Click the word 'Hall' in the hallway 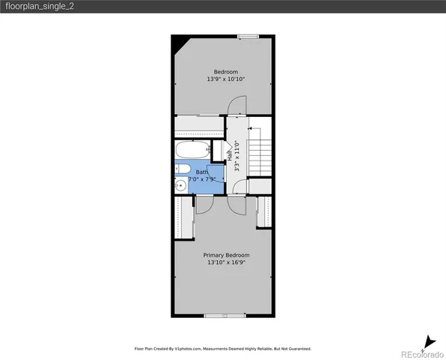pos(229,156)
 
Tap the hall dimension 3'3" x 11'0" pos(237,157)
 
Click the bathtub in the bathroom pos(193,148)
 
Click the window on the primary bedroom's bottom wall pos(222,316)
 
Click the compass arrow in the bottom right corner pos(427,341)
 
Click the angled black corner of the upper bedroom pos(178,45)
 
